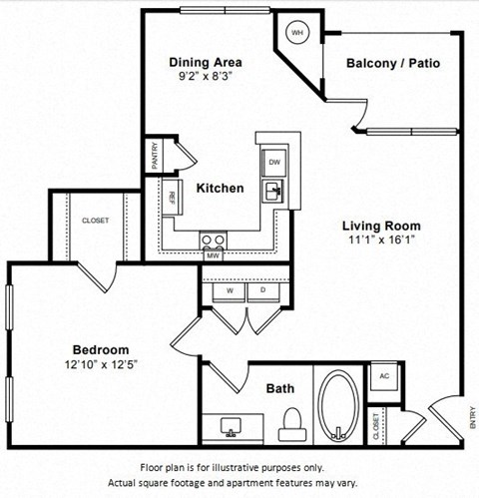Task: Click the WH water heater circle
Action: coord(296,33)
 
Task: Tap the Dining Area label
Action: coord(207,62)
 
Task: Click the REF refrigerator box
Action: coord(173,198)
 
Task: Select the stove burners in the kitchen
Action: coord(212,240)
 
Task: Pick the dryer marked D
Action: coord(263,290)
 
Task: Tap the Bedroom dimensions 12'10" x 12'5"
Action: coord(101,364)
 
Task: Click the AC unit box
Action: coord(385,378)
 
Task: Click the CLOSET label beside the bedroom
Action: coord(96,221)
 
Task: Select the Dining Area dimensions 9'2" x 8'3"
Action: coord(207,77)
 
